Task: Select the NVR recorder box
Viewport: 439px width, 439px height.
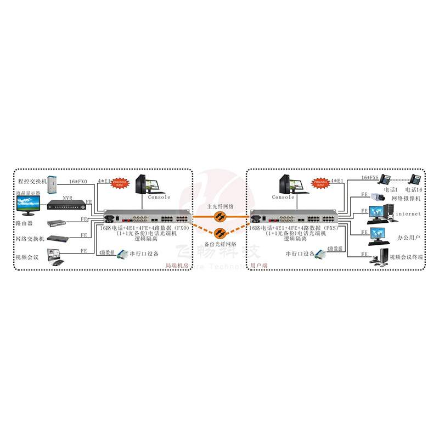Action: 66,206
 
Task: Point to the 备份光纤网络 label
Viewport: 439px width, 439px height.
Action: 222,243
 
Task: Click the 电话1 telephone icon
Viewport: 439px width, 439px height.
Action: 386,179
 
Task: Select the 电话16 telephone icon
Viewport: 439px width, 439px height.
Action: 417,179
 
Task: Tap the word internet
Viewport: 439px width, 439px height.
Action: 408,214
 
